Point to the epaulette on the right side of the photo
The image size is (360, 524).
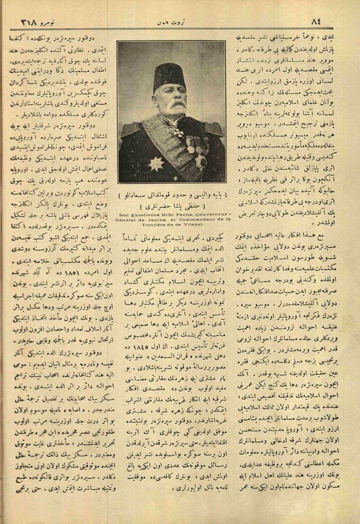pyautogui.click(x=212, y=128)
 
